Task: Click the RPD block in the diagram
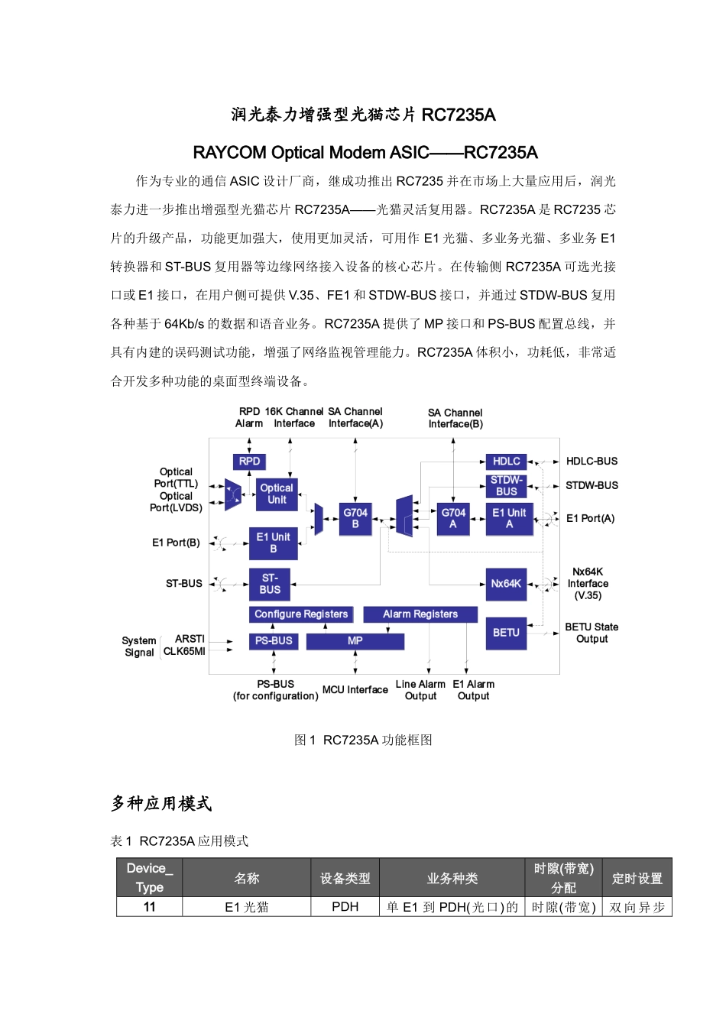pos(249,462)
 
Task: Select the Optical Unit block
pos(277,494)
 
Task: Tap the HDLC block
pos(506,462)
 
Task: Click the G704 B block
pos(355,518)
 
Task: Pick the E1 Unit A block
pos(509,518)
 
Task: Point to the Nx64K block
pos(506,584)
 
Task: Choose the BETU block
pos(506,633)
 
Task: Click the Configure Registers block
pos(301,614)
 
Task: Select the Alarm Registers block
pos(420,614)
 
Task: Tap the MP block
pos(355,641)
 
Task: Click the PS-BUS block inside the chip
pos(274,641)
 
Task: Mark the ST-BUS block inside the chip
pos(270,584)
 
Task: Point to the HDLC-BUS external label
pos(591,462)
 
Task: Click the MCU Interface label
pos(355,690)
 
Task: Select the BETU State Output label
pos(591,633)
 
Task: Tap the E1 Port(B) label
pos(176,543)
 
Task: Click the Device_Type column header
pos(150,877)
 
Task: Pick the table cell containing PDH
pos(345,907)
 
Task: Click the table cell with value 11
pos(150,907)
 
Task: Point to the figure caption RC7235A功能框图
pos(364,740)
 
